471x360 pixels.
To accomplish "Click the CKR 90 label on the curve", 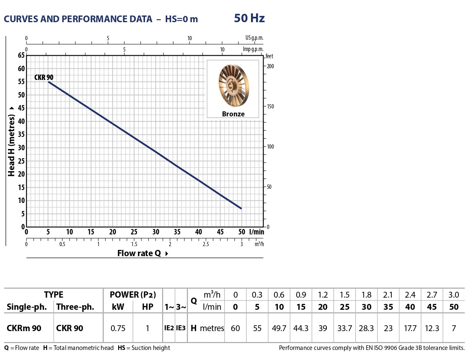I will [44, 77].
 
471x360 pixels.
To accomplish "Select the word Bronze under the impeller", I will [233, 114].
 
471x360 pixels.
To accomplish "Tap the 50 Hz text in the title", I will [249, 18].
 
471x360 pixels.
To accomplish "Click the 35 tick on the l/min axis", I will [177, 232].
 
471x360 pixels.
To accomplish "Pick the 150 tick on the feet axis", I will [271, 106].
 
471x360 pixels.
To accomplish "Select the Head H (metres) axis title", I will [12, 141].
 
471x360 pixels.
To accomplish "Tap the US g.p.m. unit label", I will [255, 38].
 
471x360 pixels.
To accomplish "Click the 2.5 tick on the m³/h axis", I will [206, 244].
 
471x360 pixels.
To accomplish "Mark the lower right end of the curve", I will [241, 208].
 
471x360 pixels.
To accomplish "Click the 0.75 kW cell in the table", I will [118, 328].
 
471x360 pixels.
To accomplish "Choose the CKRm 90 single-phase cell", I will [24, 328].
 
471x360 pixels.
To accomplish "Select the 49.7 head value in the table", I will [279, 328].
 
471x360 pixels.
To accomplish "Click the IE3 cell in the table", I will [181, 328].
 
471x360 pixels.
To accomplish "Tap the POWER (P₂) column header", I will [132, 295].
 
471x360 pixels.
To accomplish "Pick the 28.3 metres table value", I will [366, 328].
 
